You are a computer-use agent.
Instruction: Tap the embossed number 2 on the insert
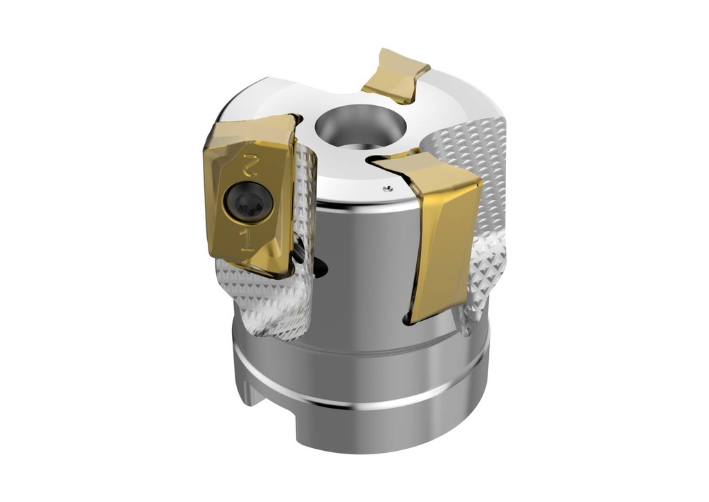point(248,167)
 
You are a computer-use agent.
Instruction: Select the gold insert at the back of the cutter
point(397,75)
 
